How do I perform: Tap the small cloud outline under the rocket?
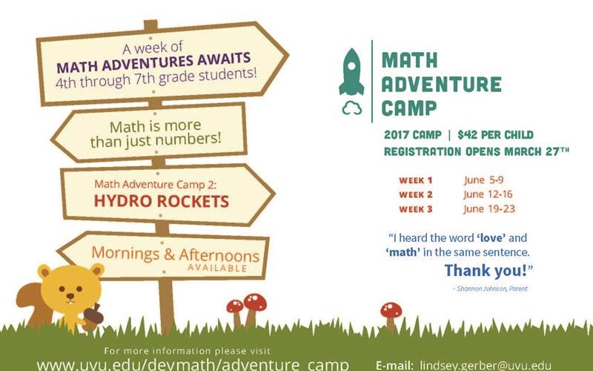tap(351, 108)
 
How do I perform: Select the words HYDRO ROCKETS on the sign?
tap(162, 201)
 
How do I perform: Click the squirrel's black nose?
tap(70, 295)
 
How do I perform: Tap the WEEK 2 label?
tap(416, 195)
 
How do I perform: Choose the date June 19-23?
tap(489, 209)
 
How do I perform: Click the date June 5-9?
tap(484, 180)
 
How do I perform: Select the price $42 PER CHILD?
tap(495, 135)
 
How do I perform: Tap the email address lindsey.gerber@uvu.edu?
tap(486, 366)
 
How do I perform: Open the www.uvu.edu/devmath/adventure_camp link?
tap(193, 364)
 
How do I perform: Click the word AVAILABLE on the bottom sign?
tap(217, 268)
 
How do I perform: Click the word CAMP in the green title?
tap(409, 108)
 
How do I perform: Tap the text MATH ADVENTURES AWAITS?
tap(153, 62)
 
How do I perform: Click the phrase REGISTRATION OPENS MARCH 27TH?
tap(476, 151)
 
